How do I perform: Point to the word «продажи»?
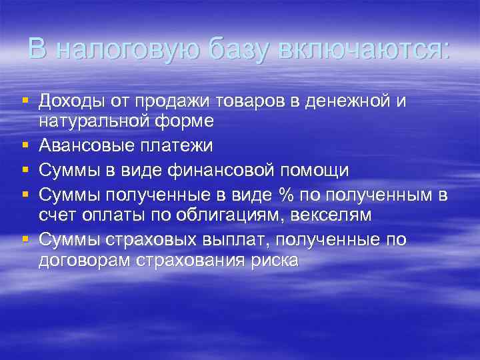point(174,101)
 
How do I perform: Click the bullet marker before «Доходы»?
point(25,100)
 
